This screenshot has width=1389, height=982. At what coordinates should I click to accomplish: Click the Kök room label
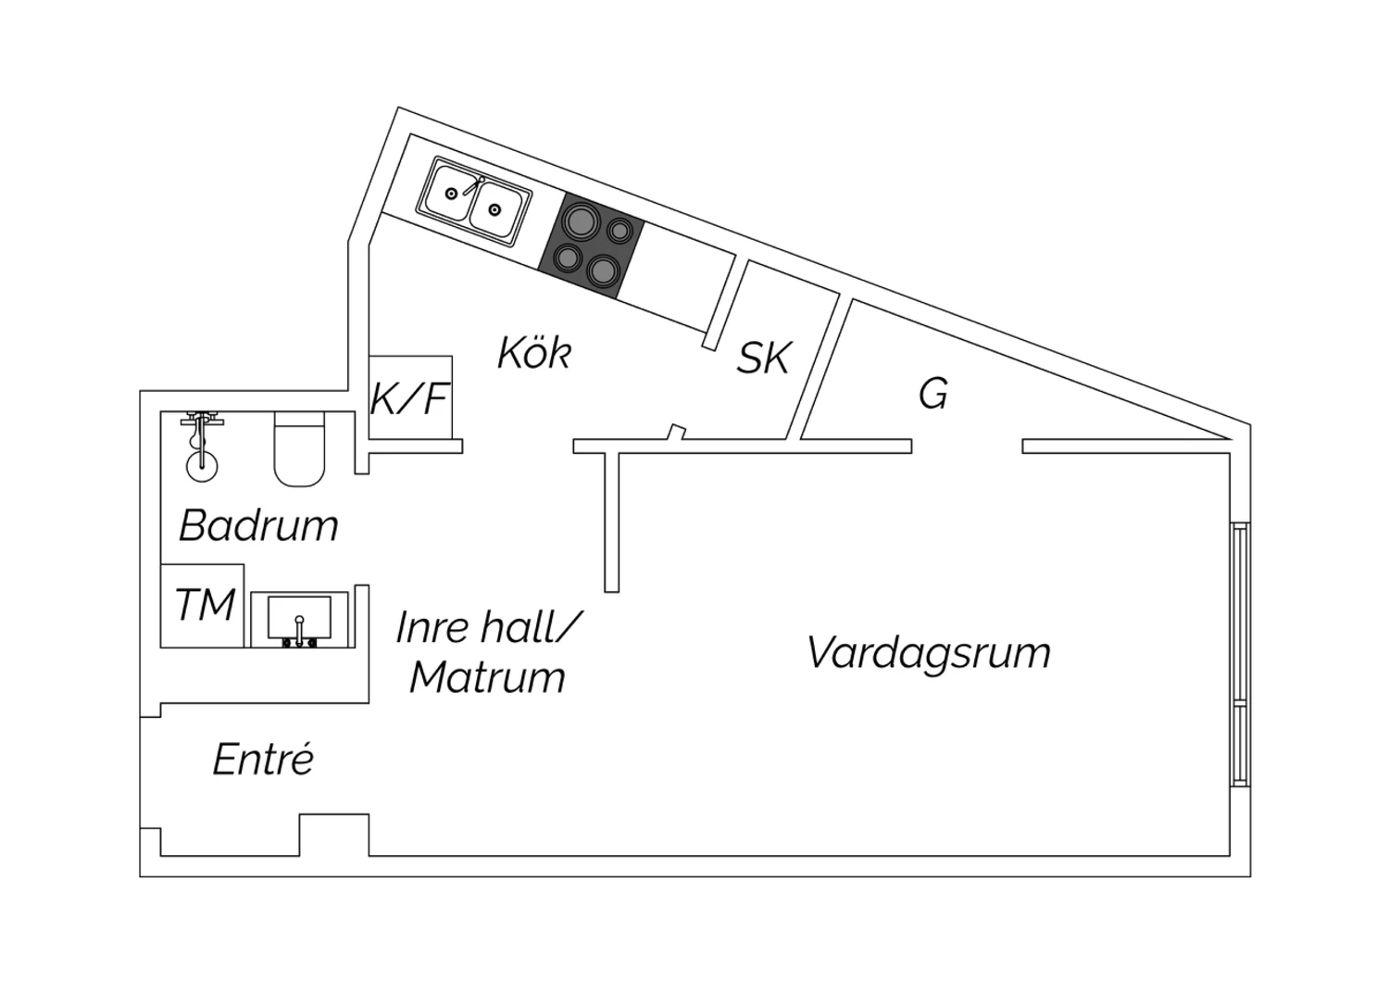pyautogui.click(x=534, y=353)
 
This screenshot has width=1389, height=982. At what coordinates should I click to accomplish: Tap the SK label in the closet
pyautogui.click(x=764, y=359)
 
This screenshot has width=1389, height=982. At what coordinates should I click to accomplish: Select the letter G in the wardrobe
pyautogui.click(x=933, y=395)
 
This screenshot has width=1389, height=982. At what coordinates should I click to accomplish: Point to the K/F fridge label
pyautogui.click(x=409, y=398)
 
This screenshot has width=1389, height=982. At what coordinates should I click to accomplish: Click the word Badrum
pyautogui.click(x=258, y=525)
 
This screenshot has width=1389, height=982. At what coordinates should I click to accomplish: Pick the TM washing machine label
pyautogui.click(x=205, y=606)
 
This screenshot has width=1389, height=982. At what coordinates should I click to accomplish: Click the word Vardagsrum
pyautogui.click(x=929, y=652)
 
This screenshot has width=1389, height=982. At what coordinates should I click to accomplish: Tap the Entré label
pyautogui.click(x=263, y=760)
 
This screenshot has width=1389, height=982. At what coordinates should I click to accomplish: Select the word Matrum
pyautogui.click(x=487, y=677)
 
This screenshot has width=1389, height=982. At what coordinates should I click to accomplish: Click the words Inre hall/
pyautogui.click(x=487, y=627)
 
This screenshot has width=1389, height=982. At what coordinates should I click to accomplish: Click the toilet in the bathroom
pyautogui.click(x=299, y=449)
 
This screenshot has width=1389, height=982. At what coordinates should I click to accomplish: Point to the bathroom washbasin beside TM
pyautogui.click(x=298, y=617)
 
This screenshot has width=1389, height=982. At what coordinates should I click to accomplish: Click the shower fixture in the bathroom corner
pyautogui.click(x=200, y=445)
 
